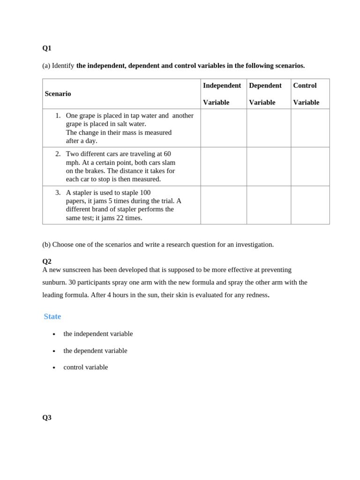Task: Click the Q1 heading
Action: (x=47, y=48)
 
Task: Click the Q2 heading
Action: (x=47, y=261)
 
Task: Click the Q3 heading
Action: (x=47, y=417)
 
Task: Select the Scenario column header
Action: (x=58, y=94)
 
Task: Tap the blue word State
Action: (x=52, y=316)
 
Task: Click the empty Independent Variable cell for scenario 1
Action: (x=224, y=128)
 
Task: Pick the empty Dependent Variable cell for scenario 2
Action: (x=269, y=166)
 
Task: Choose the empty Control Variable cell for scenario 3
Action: (x=310, y=205)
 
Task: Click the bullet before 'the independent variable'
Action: (x=54, y=334)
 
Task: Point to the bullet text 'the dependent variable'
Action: (x=95, y=351)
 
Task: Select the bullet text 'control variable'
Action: (x=85, y=367)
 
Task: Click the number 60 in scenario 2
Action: (x=167, y=154)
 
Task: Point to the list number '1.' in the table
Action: (x=58, y=115)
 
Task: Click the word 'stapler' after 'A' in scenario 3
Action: (x=82, y=192)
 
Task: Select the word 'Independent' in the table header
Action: (x=222, y=85)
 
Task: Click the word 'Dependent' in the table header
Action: (x=265, y=85)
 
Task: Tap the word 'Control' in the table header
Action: (x=305, y=85)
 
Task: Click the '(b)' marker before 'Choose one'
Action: (x=46, y=244)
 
